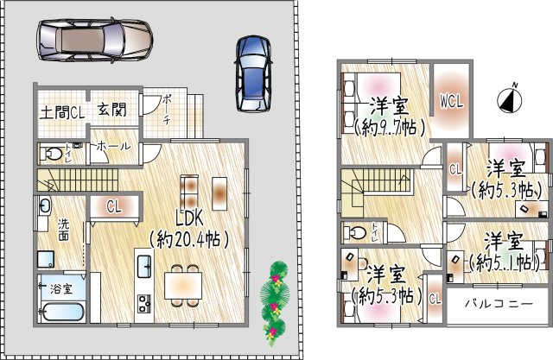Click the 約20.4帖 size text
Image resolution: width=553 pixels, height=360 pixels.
(x=189, y=237)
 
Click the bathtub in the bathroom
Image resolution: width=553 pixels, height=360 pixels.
(x=60, y=312)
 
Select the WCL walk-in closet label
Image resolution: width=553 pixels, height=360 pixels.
(x=452, y=101)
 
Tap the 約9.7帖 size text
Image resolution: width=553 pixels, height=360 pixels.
(x=389, y=128)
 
